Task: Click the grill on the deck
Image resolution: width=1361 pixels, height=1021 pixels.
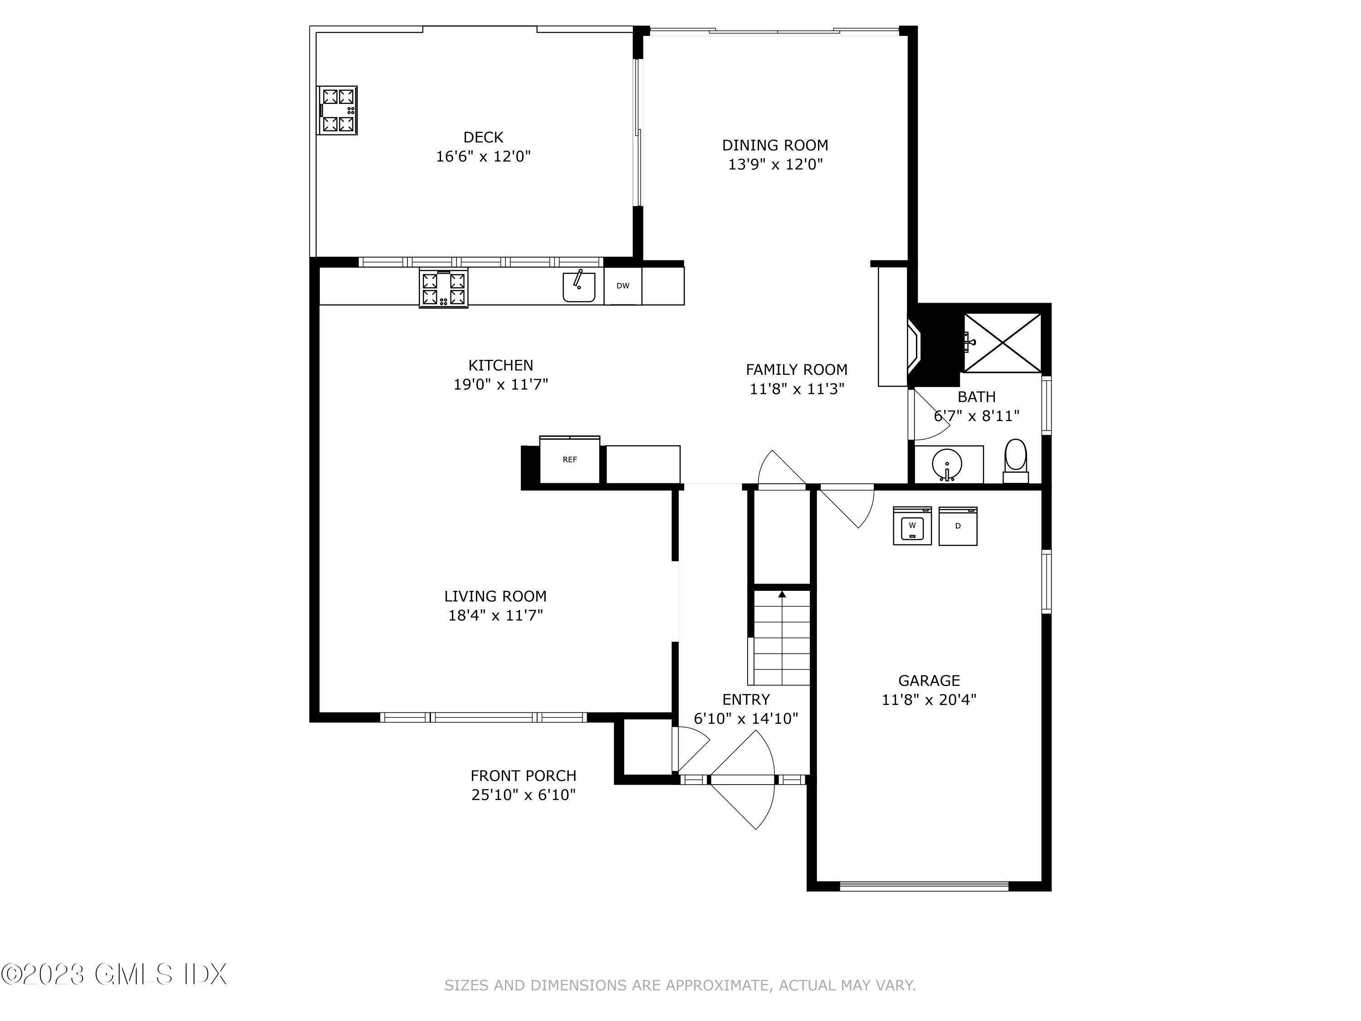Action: point(337,110)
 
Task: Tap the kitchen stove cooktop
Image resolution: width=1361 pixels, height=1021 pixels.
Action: point(443,288)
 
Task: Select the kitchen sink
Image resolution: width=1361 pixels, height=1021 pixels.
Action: point(578,287)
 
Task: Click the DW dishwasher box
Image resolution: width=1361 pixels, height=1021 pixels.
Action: point(623,285)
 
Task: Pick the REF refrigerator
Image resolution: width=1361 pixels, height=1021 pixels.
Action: point(570,460)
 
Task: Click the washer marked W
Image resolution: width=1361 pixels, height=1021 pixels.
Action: point(912,525)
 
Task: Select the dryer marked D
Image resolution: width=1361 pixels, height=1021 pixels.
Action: point(957,526)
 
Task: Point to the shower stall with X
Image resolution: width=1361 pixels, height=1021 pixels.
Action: point(1002,343)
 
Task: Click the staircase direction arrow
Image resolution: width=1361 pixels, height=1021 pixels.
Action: point(782,595)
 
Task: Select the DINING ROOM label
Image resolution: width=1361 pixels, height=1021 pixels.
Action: point(775,145)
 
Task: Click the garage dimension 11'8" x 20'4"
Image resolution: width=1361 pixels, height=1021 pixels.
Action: point(929,700)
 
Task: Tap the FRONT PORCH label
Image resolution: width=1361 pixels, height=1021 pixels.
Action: point(523,776)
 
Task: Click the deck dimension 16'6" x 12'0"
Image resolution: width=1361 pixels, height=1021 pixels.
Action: point(483,156)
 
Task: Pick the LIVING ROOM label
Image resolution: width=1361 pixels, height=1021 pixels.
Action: point(495,596)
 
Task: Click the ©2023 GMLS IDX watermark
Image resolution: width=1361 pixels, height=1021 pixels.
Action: point(114,974)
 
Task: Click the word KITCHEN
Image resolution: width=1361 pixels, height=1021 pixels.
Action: point(500,365)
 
